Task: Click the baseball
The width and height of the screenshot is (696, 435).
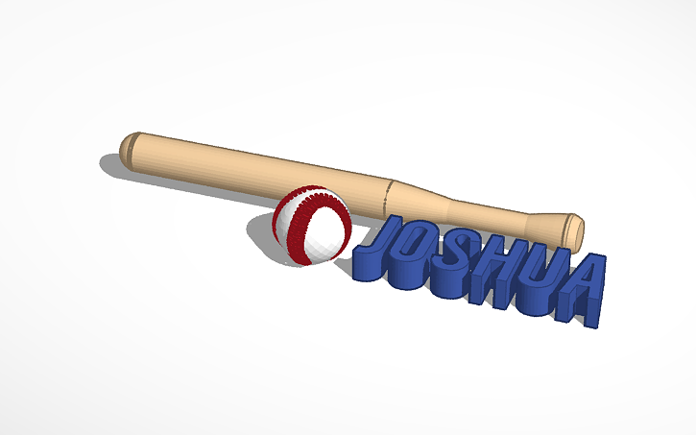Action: [312, 226]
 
